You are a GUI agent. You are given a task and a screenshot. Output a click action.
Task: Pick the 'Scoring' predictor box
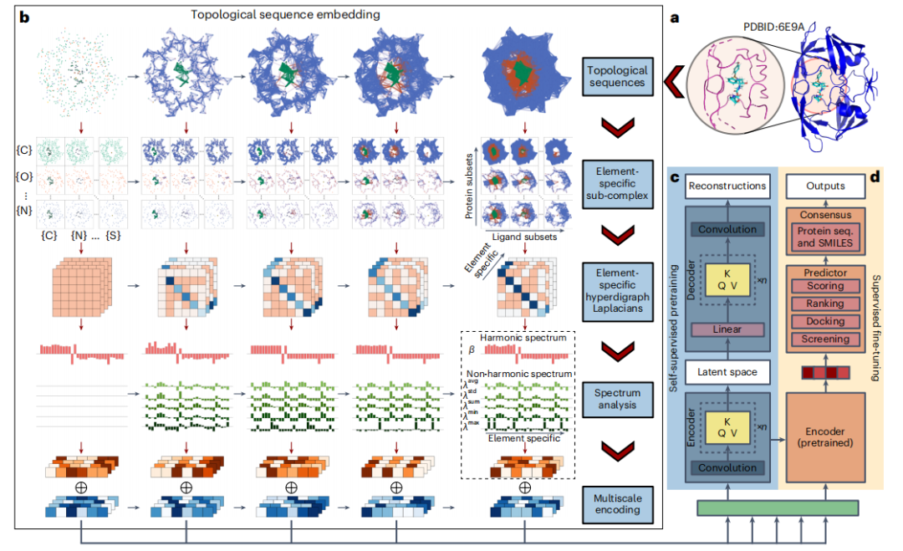825,286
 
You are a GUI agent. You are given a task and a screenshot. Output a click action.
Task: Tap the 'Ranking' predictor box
825,304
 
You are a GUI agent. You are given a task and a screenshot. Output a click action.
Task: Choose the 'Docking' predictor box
825,322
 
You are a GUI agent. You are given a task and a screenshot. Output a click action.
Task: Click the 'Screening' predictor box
825,339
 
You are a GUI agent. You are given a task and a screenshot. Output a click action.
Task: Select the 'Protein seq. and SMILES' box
825,236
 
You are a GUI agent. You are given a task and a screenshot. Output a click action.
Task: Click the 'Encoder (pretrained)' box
825,435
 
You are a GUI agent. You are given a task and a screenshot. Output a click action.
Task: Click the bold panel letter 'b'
24,16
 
